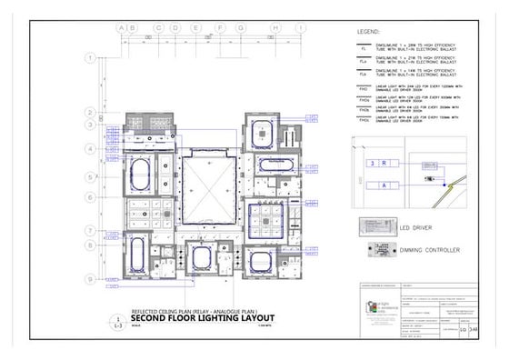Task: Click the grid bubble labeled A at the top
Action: click(121, 28)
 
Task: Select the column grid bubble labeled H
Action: click(274, 28)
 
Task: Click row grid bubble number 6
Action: click(90, 197)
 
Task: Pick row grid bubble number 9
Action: click(90, 279)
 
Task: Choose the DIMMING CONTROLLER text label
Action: click(430, 250)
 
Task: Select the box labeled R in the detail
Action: click(384, 163)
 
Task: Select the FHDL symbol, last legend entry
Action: click(362, 120)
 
